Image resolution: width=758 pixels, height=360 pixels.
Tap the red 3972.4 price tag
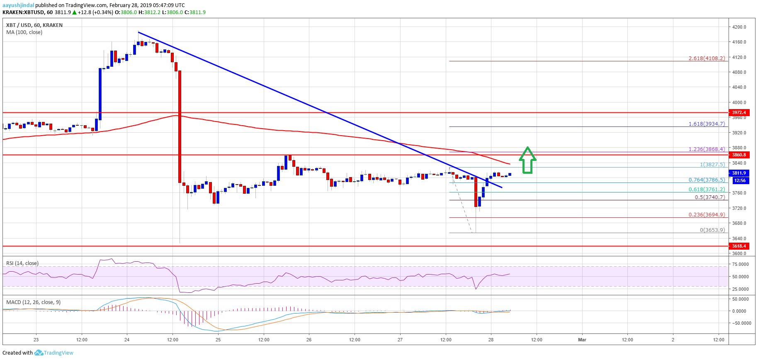tap(739, 112)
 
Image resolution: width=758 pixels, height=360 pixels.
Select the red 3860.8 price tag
tap(739, 155)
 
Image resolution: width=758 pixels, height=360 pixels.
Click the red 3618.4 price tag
tap(739, 246)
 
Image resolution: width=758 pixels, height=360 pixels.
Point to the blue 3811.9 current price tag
tap(739, 173)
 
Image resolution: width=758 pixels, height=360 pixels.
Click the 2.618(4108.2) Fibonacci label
tap(707, 58)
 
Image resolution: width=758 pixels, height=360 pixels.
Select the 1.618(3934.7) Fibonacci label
tap(707, 124)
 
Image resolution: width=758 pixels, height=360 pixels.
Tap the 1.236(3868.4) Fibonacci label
tap(707, 149)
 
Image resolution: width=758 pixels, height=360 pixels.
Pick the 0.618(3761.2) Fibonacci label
tap(707, 190)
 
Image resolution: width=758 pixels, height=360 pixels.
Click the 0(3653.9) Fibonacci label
tap(712, 230)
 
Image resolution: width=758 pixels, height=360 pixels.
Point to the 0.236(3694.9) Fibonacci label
tap(707, 215)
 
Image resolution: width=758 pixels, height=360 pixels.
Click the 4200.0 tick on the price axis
tap(739, 27)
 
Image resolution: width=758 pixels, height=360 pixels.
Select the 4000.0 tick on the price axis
tap(739, 102)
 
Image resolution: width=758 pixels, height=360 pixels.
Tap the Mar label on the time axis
tap(582, 340)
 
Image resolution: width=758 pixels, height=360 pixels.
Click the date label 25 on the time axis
tap(218, 340)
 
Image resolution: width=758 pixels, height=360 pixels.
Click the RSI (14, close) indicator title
tap(22, 263)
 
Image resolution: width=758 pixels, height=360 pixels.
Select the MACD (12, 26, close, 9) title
tap(33, 302)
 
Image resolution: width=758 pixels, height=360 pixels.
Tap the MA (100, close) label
tap(24, 32)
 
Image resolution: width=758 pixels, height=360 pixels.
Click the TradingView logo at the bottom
tap(54, 353)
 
